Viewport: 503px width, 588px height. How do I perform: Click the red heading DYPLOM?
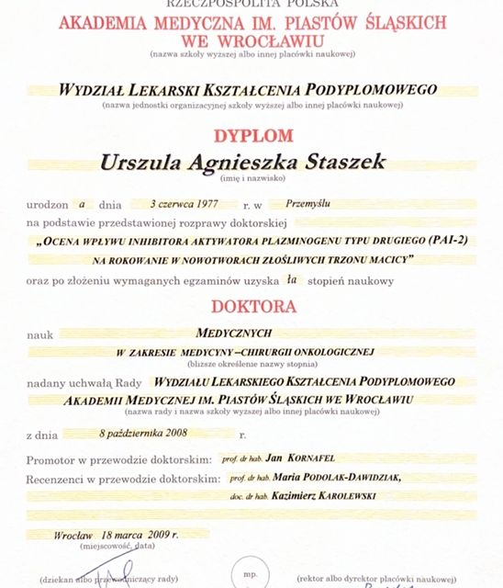254,136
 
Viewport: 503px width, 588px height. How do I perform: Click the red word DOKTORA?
254,306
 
